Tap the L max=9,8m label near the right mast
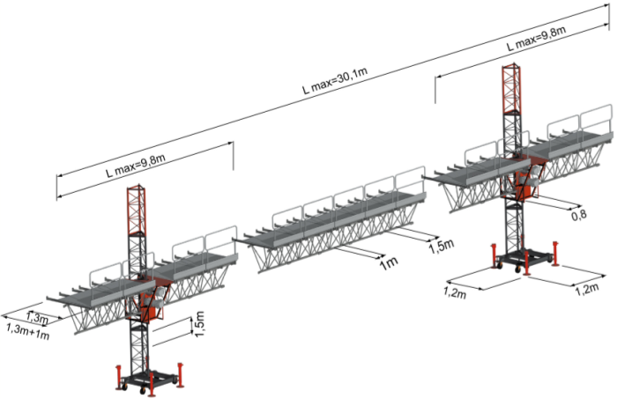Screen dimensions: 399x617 (x=534, y=40)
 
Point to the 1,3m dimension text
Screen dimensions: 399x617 (x=37, y=316)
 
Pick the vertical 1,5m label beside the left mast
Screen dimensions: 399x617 (x=198, y=326)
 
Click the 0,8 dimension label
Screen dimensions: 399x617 (x=578, y=214)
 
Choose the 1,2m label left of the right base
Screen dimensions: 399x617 (x=456, y=292)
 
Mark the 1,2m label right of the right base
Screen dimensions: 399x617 (x=587, y=288)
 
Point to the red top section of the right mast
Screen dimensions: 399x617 (x=510, y=88)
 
